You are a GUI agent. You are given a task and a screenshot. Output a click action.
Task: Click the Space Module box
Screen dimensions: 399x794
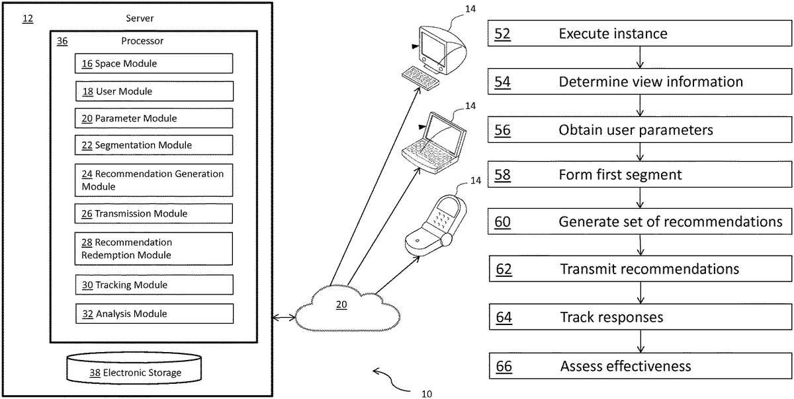(x=154, y=63)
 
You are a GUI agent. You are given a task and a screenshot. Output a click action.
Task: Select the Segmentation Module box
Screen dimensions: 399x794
(x=154, y=145)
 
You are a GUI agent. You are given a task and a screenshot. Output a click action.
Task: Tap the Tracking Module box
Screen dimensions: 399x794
(x=154, y=285)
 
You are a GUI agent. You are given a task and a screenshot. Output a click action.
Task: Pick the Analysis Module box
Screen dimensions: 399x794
(x=154, y=314)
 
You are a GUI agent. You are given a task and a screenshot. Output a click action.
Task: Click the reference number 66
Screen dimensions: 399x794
(x=504, y=367)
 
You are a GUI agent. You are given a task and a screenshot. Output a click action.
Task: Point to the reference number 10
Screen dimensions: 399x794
(x=427, y=394)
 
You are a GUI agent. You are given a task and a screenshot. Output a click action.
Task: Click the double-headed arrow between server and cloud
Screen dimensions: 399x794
(x=284, y=318)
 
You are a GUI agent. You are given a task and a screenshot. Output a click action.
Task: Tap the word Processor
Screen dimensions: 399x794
(x=142, y=41)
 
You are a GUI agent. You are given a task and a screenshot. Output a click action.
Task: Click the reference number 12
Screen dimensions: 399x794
(x=28, y=18)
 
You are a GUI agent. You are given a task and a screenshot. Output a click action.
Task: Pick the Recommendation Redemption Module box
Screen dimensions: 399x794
(x=154, y=248)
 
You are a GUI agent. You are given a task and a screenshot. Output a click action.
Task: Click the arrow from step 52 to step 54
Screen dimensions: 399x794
(x=640, y=58)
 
